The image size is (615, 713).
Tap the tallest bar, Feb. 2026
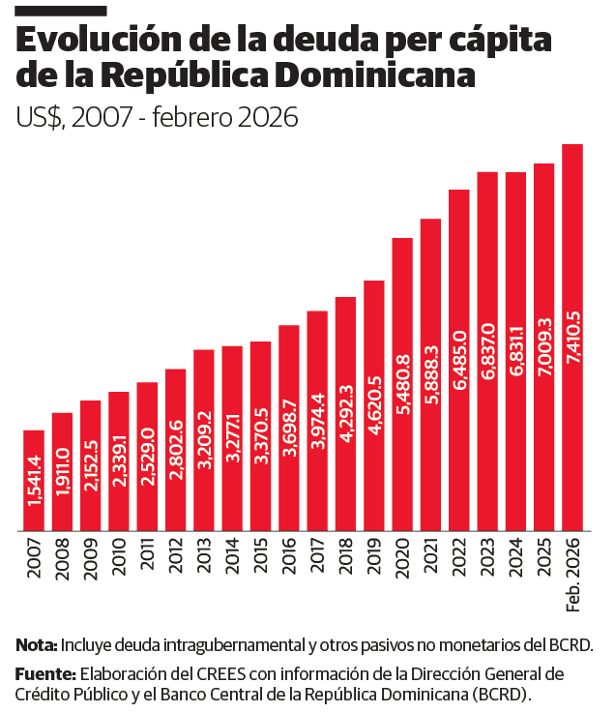[572, 338]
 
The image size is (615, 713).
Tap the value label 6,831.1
[515, 354]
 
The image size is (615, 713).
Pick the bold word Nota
[37, 645]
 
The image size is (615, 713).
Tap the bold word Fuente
[44, 673]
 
